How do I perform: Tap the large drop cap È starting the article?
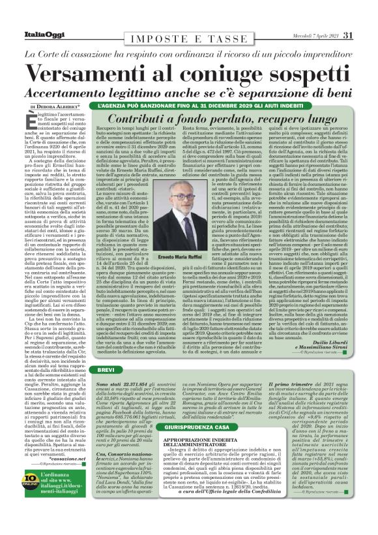coord(32,118)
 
